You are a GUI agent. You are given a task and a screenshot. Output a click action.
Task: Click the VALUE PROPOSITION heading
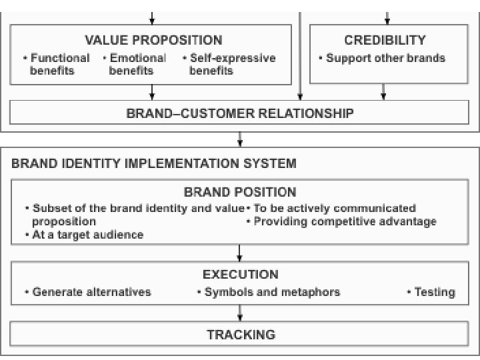(153, 40)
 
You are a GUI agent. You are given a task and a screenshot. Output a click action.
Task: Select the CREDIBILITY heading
(385, 40)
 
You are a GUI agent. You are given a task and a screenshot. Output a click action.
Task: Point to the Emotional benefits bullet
(134, 64)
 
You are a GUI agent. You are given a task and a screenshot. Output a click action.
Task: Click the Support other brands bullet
(385, 58)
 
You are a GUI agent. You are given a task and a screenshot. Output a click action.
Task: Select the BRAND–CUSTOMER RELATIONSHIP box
(240, 113)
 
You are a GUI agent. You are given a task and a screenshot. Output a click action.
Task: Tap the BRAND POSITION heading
(240, 193)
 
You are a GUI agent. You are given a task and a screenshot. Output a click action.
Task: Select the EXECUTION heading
(240, 274)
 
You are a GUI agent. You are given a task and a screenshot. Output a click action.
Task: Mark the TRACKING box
(240, 333)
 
